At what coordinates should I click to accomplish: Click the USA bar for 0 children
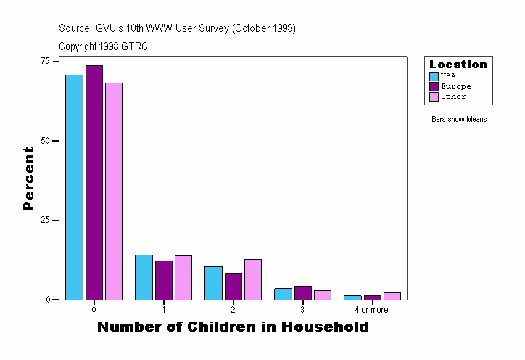coord(74,187)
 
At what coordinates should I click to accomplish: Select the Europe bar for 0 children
coord(94,182)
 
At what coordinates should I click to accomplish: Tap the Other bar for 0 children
coord(114,191)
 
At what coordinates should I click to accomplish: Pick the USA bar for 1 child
coord(144,277)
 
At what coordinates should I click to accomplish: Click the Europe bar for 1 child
coord(164,280)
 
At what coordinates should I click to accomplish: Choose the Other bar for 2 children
coord(253,279)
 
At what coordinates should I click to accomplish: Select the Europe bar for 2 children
coord(233,286)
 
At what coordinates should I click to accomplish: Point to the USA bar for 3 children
coord(283,294)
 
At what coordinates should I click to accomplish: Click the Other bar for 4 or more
coord(392,296)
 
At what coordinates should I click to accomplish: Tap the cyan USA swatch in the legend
coord(434,76)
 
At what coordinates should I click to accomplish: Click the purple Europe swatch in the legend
coord(434,86)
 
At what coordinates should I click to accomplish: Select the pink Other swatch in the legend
coord(434,97)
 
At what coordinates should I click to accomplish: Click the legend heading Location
coord(458,65)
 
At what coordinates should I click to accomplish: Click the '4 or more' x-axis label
coord(371,310)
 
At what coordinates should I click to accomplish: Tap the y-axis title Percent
coord(28,179)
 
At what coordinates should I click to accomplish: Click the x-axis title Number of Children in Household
coord(233,327)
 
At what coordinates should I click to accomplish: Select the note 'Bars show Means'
coord(459,119)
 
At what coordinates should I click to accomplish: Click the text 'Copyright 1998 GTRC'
coord(104,46)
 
